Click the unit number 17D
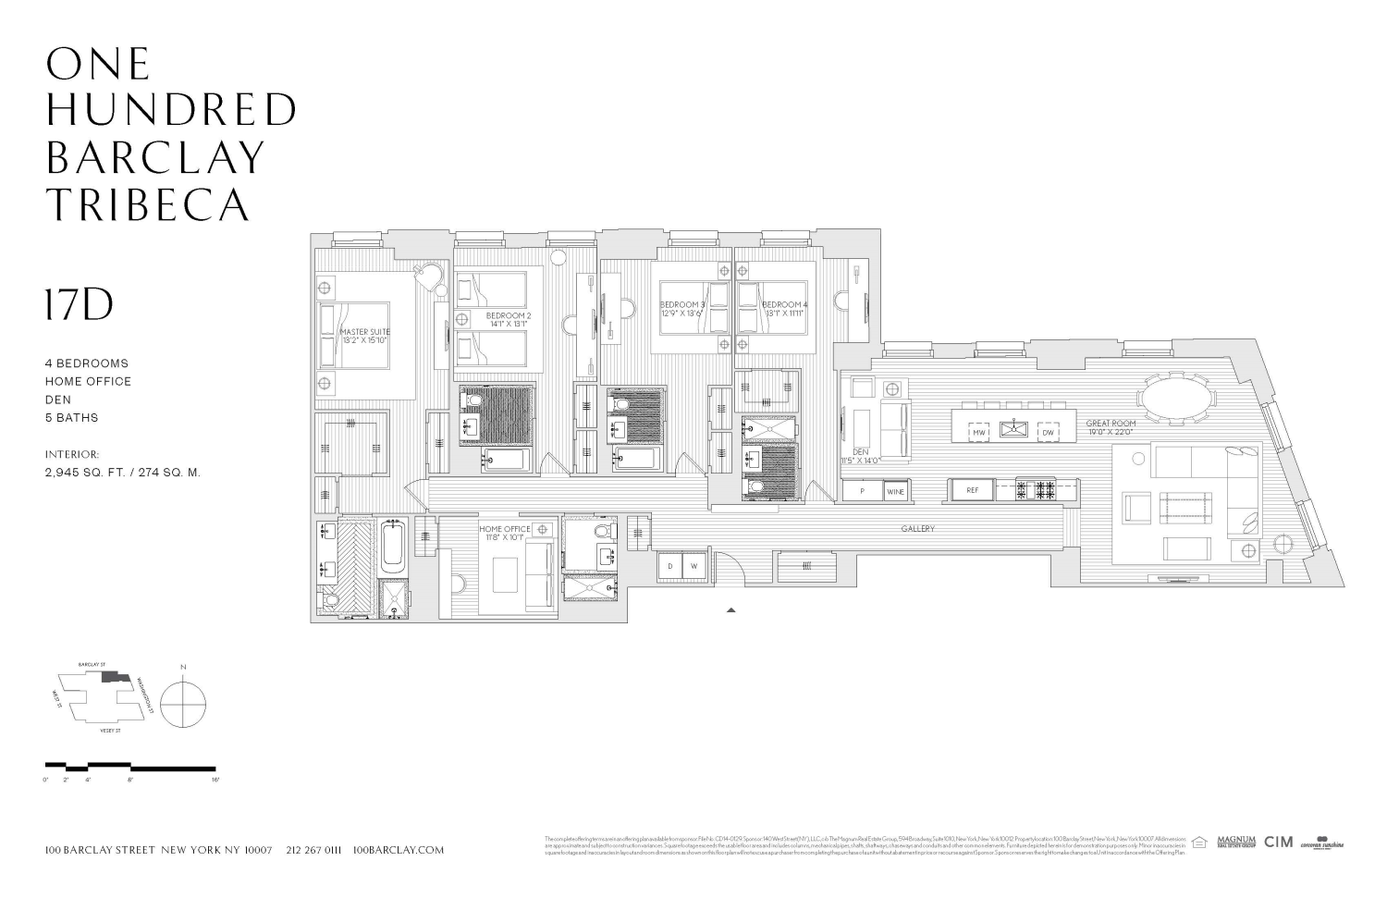pyautogui.click(x=80, y=304)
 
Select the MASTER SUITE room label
pyautogui.click(x=364, y=336)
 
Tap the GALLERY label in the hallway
pyautogui.click(x=918, y=529)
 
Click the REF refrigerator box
pyautogui.click(x=972, y=490)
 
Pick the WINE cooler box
pyautogui.click(x=895, y=492)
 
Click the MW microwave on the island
pyautogui.click(x=978, y=432)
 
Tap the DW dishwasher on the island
pyautogui.click(x=1048, y=432)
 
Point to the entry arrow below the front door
pyautogui.click(x=731, y=610)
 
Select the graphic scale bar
pyautogui.click(x=130, y=768)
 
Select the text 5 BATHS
pyautogui.click(x=71, y=418)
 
